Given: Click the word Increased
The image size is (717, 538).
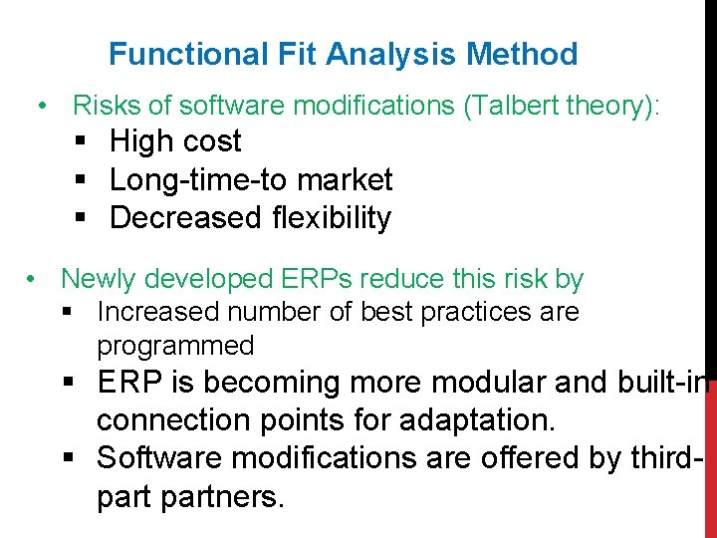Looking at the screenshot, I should coord(158,312).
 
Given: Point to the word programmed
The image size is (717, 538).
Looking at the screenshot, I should coord(175,347).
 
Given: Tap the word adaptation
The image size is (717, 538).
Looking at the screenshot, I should coord(477,420).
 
